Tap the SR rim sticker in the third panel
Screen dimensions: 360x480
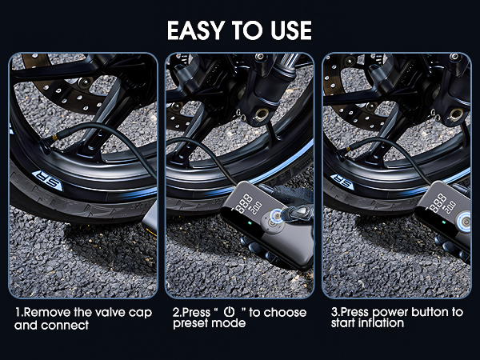coord(343,182)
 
